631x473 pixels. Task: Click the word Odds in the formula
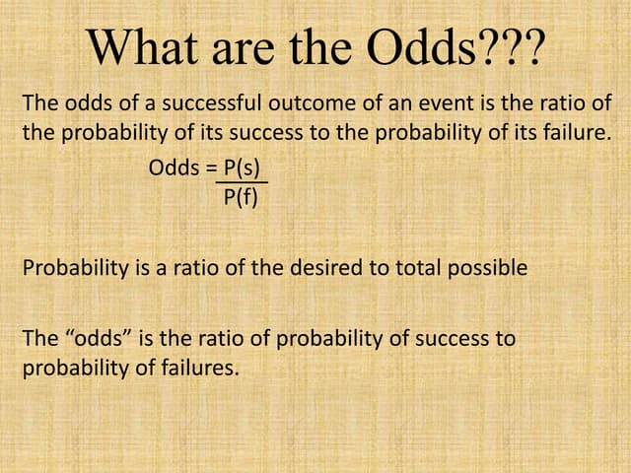coord(174,168)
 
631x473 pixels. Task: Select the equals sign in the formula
coord(211,168)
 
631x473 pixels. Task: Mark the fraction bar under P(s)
coord(242,182)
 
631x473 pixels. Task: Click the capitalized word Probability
coord(69,268)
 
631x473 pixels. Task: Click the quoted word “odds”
coord(98,339)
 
